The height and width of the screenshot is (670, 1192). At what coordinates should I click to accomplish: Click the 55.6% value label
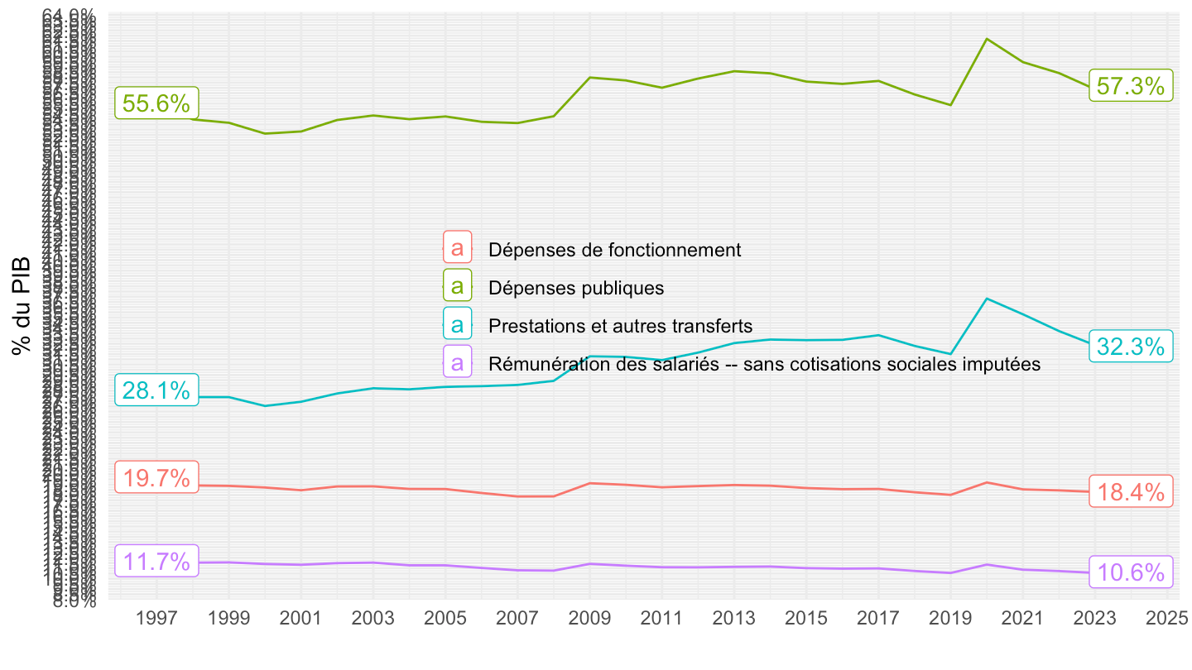[x=156, y=103]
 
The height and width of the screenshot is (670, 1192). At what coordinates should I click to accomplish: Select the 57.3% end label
[x=1131, y=85]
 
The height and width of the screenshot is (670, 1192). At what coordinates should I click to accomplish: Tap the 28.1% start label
[x=156, y=390]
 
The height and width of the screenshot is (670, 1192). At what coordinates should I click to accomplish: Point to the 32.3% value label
[x=1131, y=346]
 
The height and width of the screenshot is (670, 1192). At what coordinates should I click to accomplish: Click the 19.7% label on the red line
[x=156, y=477]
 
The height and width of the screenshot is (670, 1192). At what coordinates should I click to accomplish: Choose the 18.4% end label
[x=1131, y=492]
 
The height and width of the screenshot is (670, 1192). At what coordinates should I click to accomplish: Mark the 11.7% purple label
[x=156, y=562]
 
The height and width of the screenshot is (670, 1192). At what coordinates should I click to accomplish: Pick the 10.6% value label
[x=1131, y=572]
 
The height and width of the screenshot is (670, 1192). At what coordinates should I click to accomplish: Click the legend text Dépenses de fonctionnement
[x=614, y=250]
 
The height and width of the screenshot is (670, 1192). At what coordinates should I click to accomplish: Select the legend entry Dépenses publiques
[x=576, y=288]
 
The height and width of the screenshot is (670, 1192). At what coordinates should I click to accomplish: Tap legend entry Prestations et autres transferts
[x=620, y=326]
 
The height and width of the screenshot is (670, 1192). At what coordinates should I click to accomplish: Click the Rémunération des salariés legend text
[x=764, y=364]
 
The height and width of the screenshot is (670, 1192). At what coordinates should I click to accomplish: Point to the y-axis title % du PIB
[x=22, y=306]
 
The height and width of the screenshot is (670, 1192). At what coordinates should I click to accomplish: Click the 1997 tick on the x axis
[x=157, y=618]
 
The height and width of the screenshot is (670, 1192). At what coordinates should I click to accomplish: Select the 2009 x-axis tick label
[x=590, y=618]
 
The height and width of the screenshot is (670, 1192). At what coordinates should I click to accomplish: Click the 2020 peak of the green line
[x=987, y=39]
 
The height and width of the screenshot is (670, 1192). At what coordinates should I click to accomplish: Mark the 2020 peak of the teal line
[x=987, y=298]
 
